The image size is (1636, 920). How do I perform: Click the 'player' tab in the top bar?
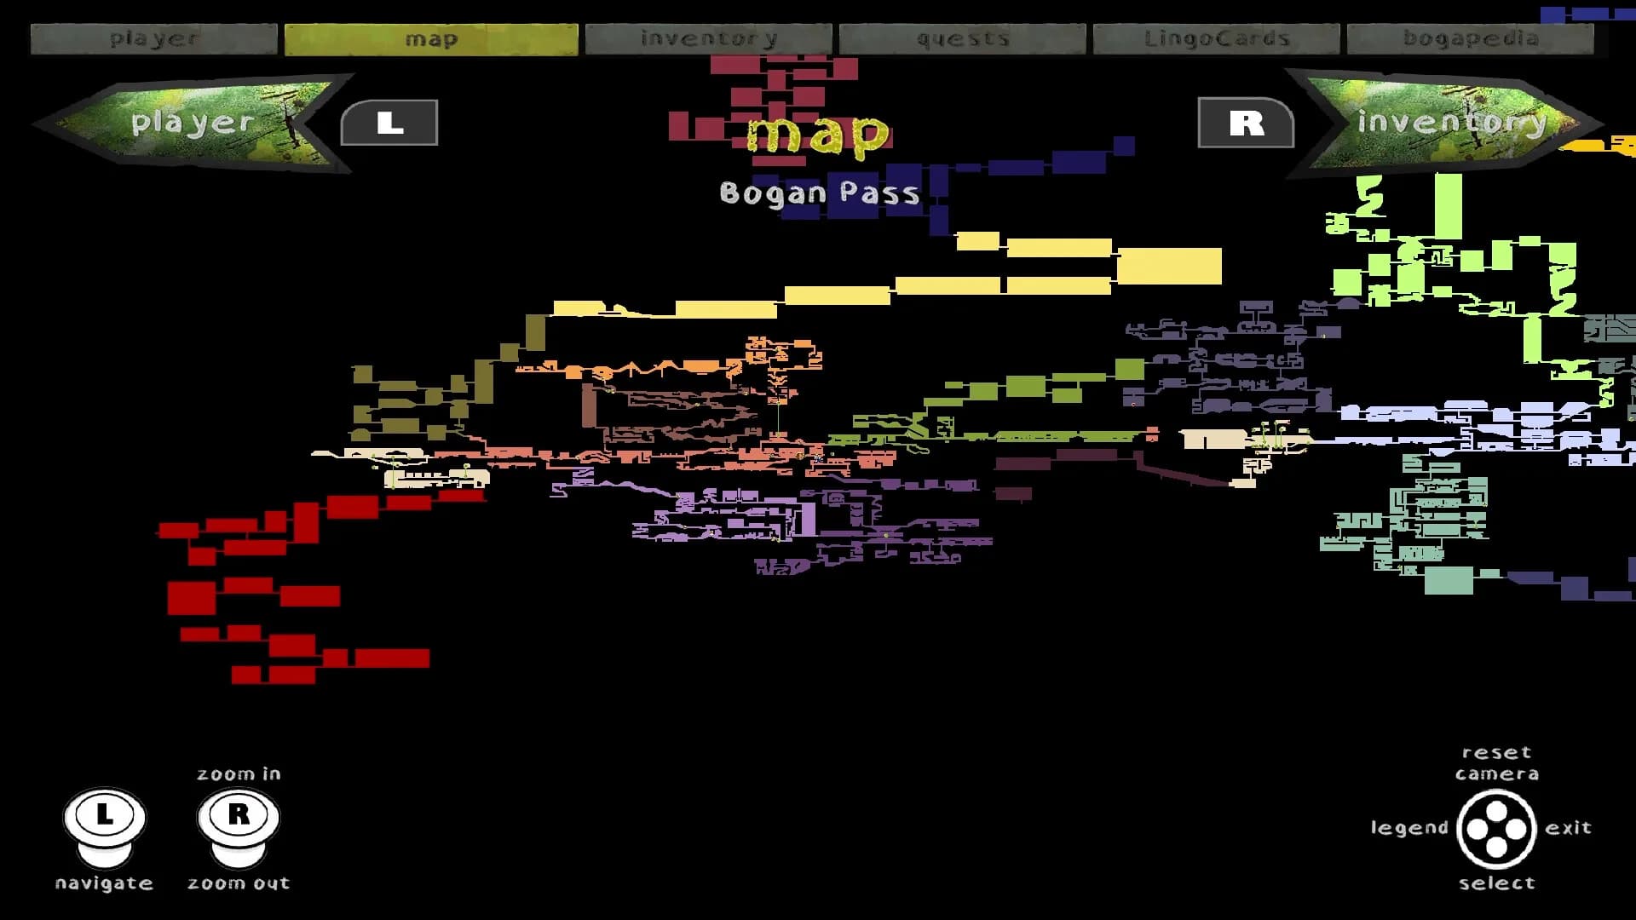click(154, 39)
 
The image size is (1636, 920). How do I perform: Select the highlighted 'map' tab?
click(431, 39)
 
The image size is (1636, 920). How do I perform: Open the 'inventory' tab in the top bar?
click(709, 39)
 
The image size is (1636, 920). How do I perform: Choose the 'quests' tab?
click(963, 39)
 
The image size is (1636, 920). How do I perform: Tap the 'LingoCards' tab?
click(1217, 39)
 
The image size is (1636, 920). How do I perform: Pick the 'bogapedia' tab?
click(1471, 39)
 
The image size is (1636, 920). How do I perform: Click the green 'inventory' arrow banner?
click(1444, 123)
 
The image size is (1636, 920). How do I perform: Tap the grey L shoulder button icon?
click(389, 123)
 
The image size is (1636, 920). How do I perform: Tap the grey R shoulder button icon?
click(1246, 123)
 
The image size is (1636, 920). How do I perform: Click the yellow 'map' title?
click(818, 135)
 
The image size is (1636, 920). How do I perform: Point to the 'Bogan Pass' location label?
click(820, 193)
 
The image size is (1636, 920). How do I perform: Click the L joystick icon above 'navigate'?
click(105, 825)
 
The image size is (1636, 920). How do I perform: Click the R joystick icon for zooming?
click(239, 825)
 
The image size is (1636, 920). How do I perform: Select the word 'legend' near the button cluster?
click(1409, 828)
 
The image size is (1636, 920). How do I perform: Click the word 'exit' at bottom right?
click(1569, 828)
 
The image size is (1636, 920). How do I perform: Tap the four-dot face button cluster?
click(1496, 828)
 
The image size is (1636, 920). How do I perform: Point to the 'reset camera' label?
click(1497, 763)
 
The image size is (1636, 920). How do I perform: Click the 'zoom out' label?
click(239, 883)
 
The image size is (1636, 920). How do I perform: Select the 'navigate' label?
click(104, 883)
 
